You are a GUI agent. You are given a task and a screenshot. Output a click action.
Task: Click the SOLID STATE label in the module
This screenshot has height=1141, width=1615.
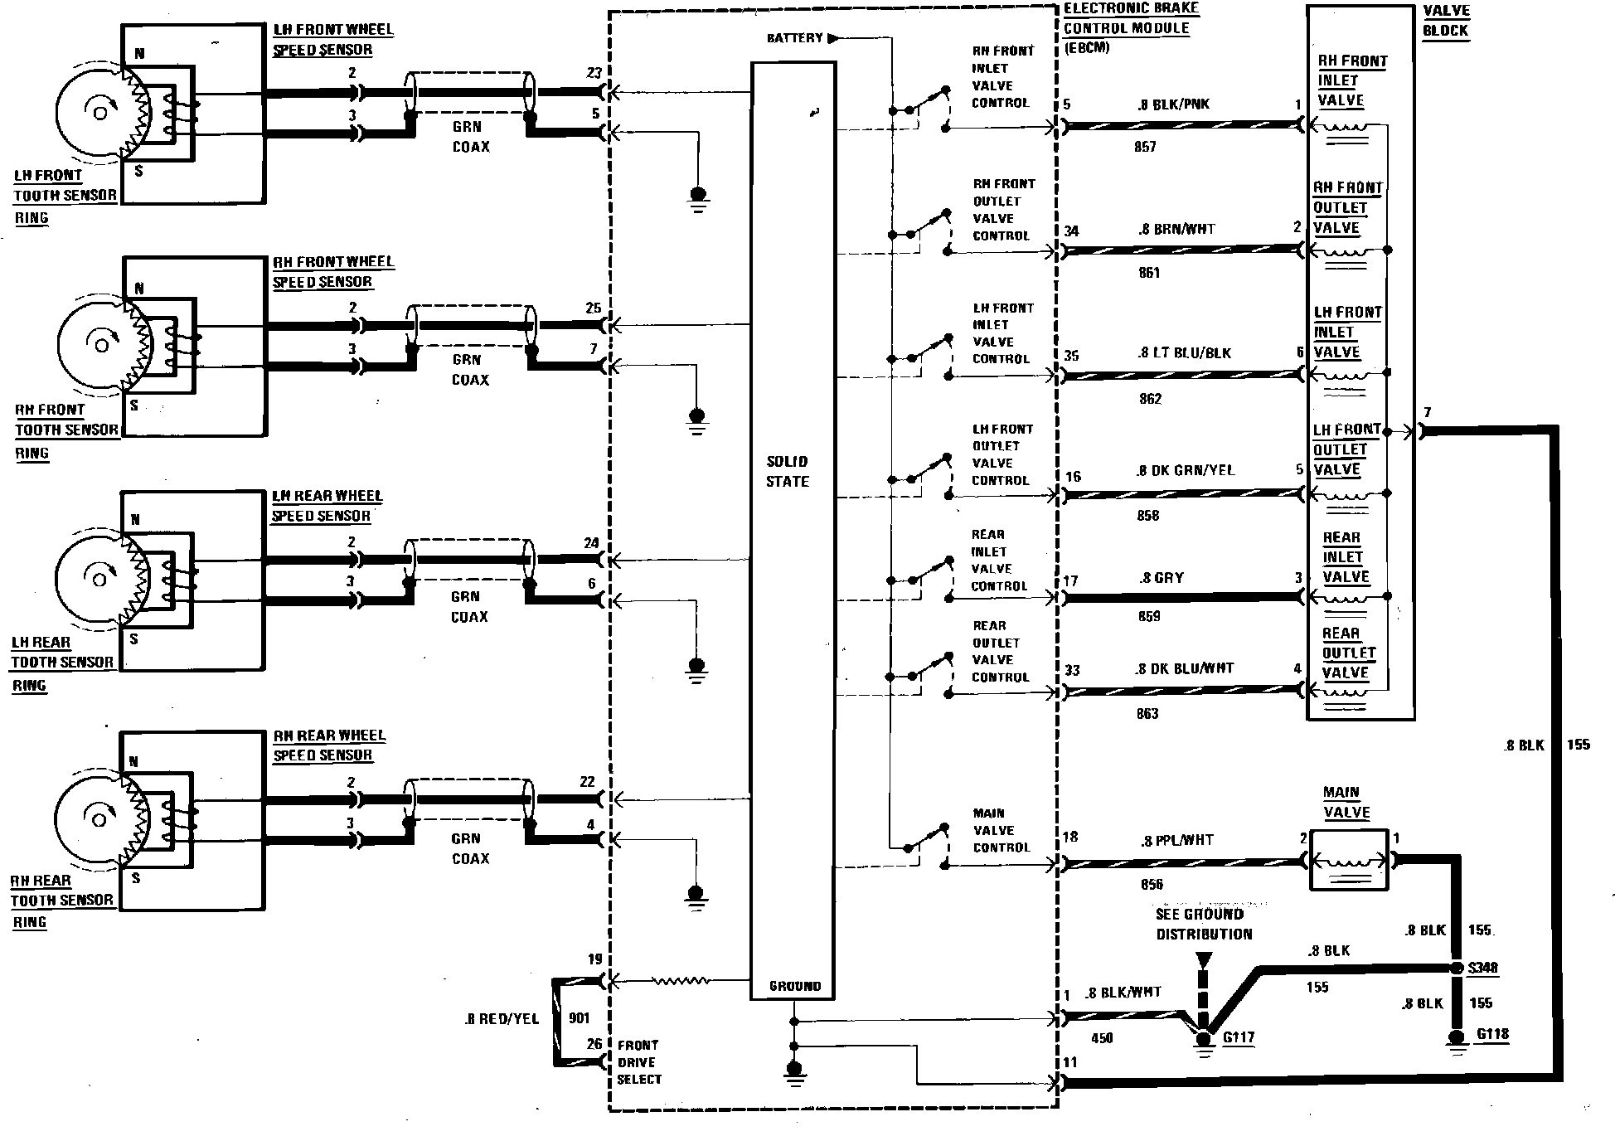(787, 471)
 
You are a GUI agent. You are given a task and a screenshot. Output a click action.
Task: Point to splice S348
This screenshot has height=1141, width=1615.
(1456, 968)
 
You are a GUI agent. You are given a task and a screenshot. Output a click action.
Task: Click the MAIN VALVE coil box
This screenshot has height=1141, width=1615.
(1349, 860)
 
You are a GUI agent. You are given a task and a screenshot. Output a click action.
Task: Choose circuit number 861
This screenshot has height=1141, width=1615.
(1149, 273)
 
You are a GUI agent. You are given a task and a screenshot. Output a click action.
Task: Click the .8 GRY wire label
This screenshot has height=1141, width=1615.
(1162, 578)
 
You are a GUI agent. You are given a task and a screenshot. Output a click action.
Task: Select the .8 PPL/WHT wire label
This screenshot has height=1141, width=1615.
(1176, 841)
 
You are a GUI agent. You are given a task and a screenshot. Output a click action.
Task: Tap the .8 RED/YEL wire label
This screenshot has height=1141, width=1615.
(502, 1018)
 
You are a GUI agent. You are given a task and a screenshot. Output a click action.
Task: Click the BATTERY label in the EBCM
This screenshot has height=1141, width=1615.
(794, 38)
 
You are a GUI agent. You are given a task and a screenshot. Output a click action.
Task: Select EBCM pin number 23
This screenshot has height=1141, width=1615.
(594, 73)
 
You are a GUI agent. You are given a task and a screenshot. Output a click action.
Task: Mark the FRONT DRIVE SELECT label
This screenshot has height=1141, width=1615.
(638, 1062)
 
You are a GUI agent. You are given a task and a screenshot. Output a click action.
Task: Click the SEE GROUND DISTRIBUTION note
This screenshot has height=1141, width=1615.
(1204, 924)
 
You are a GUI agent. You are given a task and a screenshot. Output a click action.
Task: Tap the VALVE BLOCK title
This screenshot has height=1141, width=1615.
(1445, 21)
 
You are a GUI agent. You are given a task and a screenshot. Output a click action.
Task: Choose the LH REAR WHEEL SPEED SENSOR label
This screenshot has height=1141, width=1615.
(327, 506)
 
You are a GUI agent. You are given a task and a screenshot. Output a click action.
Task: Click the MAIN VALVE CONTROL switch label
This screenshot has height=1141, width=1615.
(1001, 830)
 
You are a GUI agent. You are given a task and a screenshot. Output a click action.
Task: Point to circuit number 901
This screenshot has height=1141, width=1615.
(580, 1018)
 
